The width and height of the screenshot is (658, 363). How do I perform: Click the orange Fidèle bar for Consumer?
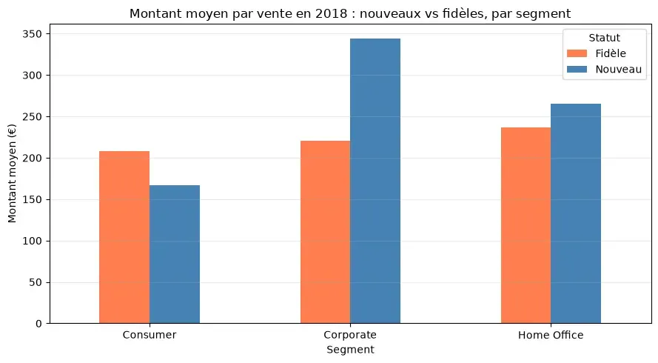coord(124,237)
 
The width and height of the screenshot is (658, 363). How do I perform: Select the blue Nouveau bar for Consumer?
coord(175,254)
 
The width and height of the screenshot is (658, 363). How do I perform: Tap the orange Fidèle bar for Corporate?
coord(325,232)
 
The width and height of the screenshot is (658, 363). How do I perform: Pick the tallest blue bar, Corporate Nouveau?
coord(375,181)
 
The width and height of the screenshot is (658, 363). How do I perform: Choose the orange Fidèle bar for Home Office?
coord(526,225)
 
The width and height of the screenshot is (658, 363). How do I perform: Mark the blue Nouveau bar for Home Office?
coord(576,213)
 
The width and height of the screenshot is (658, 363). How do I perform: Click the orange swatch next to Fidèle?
coord(577,53)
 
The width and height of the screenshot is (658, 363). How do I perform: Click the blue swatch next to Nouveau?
coord(577,70)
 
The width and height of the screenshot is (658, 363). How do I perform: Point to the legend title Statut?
coord(604,38)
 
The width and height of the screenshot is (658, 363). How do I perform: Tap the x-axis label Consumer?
coord(150,335)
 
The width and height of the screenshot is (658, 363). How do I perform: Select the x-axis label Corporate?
coord(350,335)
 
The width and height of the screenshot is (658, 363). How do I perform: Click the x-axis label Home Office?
coord(551,335)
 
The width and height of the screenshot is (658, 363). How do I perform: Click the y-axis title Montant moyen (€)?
coord(12,173)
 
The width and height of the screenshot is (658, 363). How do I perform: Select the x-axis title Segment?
coord(350,350)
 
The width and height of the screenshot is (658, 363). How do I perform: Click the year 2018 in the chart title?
coord(331,14)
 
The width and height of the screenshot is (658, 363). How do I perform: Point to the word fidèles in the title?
coord(464,14)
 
